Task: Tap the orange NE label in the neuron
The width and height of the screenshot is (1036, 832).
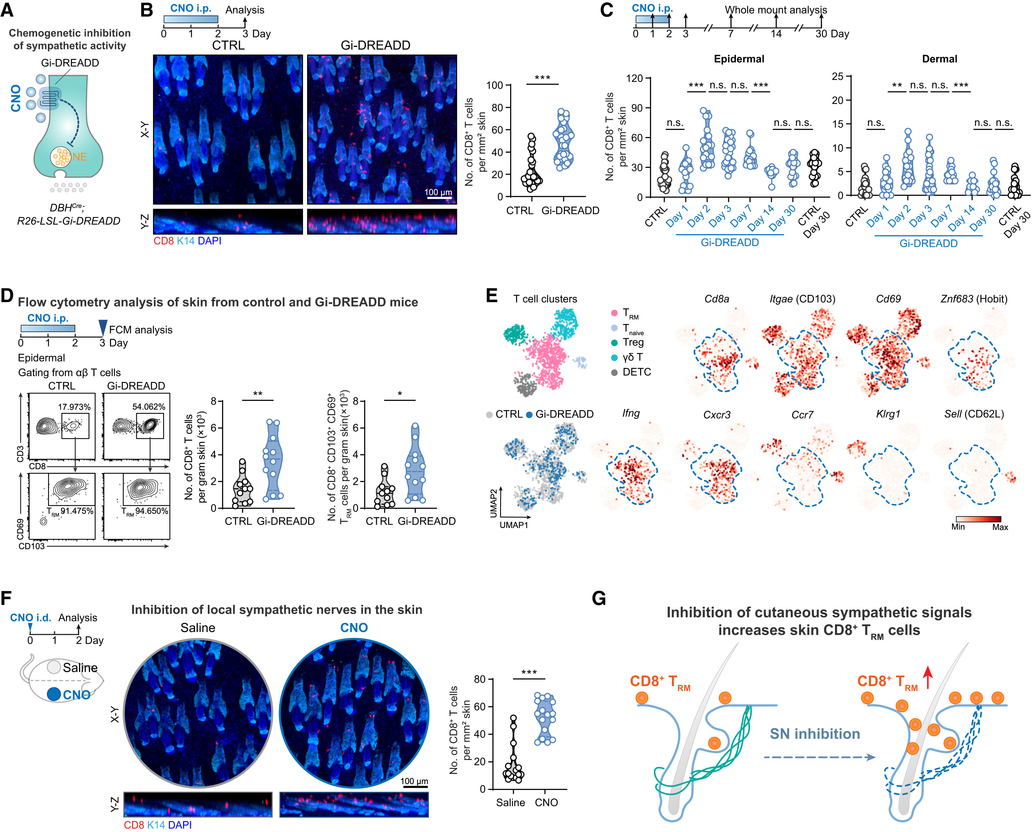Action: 79,157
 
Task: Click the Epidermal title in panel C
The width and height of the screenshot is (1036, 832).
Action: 738,59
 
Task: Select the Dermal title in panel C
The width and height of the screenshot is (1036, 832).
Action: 939,59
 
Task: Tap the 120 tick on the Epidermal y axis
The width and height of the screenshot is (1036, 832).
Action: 634,78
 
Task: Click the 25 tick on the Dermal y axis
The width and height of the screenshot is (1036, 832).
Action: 837,77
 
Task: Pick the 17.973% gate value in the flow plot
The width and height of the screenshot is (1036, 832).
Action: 74,407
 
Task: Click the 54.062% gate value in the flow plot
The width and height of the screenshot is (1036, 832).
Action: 149,407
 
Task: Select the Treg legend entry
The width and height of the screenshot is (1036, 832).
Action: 632,343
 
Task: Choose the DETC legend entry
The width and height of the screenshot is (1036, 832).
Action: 636,372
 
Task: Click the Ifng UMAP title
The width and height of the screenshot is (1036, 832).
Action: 631,414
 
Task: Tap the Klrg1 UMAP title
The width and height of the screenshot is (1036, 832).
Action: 888,414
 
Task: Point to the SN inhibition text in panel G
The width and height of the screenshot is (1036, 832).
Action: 815,734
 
